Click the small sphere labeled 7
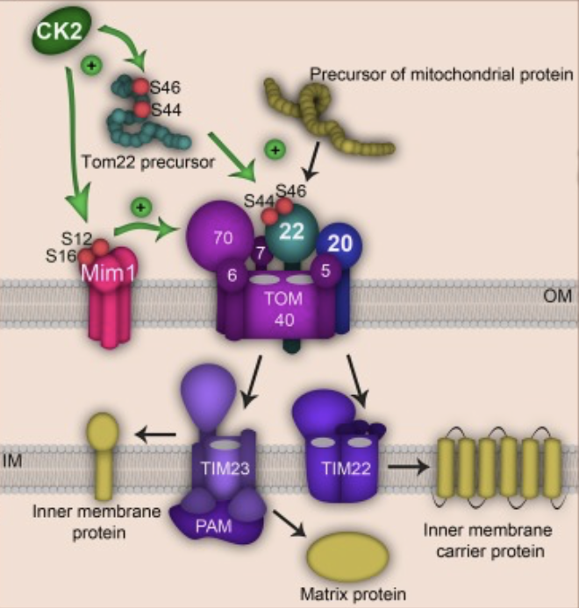pyautogui.click(x=260, y=253)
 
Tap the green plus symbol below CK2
pyautogui.click(x=89, y=64)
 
